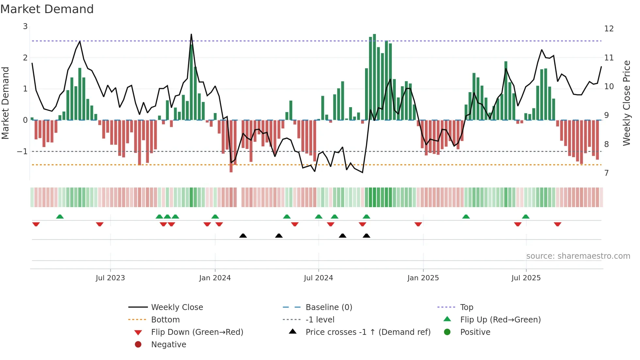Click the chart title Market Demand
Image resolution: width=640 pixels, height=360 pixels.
[47, 9]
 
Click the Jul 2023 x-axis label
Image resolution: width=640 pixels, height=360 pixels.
[110, 278]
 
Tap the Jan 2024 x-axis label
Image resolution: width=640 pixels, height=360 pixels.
[215, 278]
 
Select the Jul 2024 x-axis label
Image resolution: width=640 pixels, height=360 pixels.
[318, 278]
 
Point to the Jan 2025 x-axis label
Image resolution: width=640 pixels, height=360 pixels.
[423, 278]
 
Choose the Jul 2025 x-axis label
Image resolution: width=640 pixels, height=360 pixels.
[526, 278]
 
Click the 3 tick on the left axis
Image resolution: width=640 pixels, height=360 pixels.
[25, 26]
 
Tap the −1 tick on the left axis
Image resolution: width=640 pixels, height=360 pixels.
[22, 152]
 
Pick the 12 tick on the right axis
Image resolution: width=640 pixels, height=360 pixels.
[609, 29]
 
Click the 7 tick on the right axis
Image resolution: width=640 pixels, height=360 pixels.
[606, 173]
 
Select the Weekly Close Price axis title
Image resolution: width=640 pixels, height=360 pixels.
[626, 103]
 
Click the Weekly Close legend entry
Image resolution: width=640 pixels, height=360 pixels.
[177, 307]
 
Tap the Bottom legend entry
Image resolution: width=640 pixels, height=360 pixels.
[165, 320]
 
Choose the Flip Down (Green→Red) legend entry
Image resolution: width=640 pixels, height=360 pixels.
[197, 332]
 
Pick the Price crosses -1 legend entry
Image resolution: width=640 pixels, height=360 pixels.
[368, 332]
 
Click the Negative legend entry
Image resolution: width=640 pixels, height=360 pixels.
[168, 345]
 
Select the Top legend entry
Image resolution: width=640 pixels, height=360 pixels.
[467, 307]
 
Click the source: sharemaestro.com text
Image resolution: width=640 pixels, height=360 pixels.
[578, 256]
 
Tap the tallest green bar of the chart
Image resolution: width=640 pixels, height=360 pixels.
[375, 77]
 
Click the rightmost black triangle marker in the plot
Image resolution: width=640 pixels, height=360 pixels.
[366, 236]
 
